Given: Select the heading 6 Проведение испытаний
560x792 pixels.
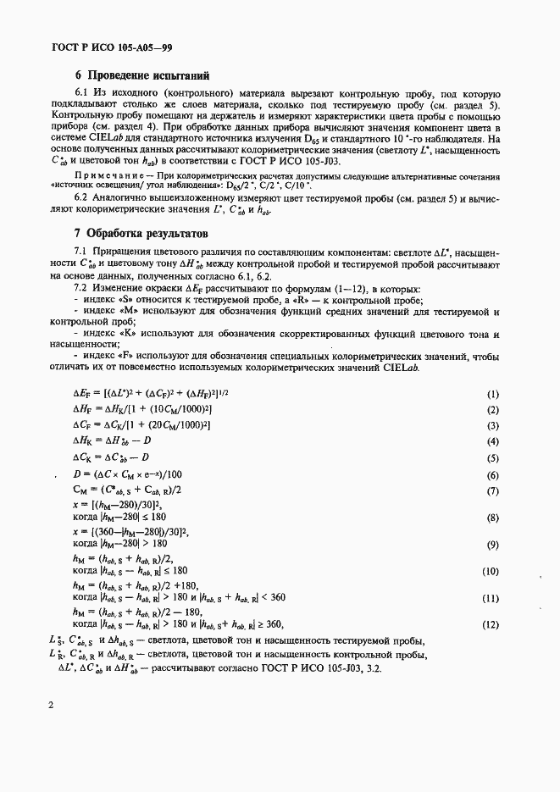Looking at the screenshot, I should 141,75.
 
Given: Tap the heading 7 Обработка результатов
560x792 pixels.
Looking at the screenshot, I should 141,233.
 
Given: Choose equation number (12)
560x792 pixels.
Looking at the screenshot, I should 491,624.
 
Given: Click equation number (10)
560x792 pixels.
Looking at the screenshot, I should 491,572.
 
